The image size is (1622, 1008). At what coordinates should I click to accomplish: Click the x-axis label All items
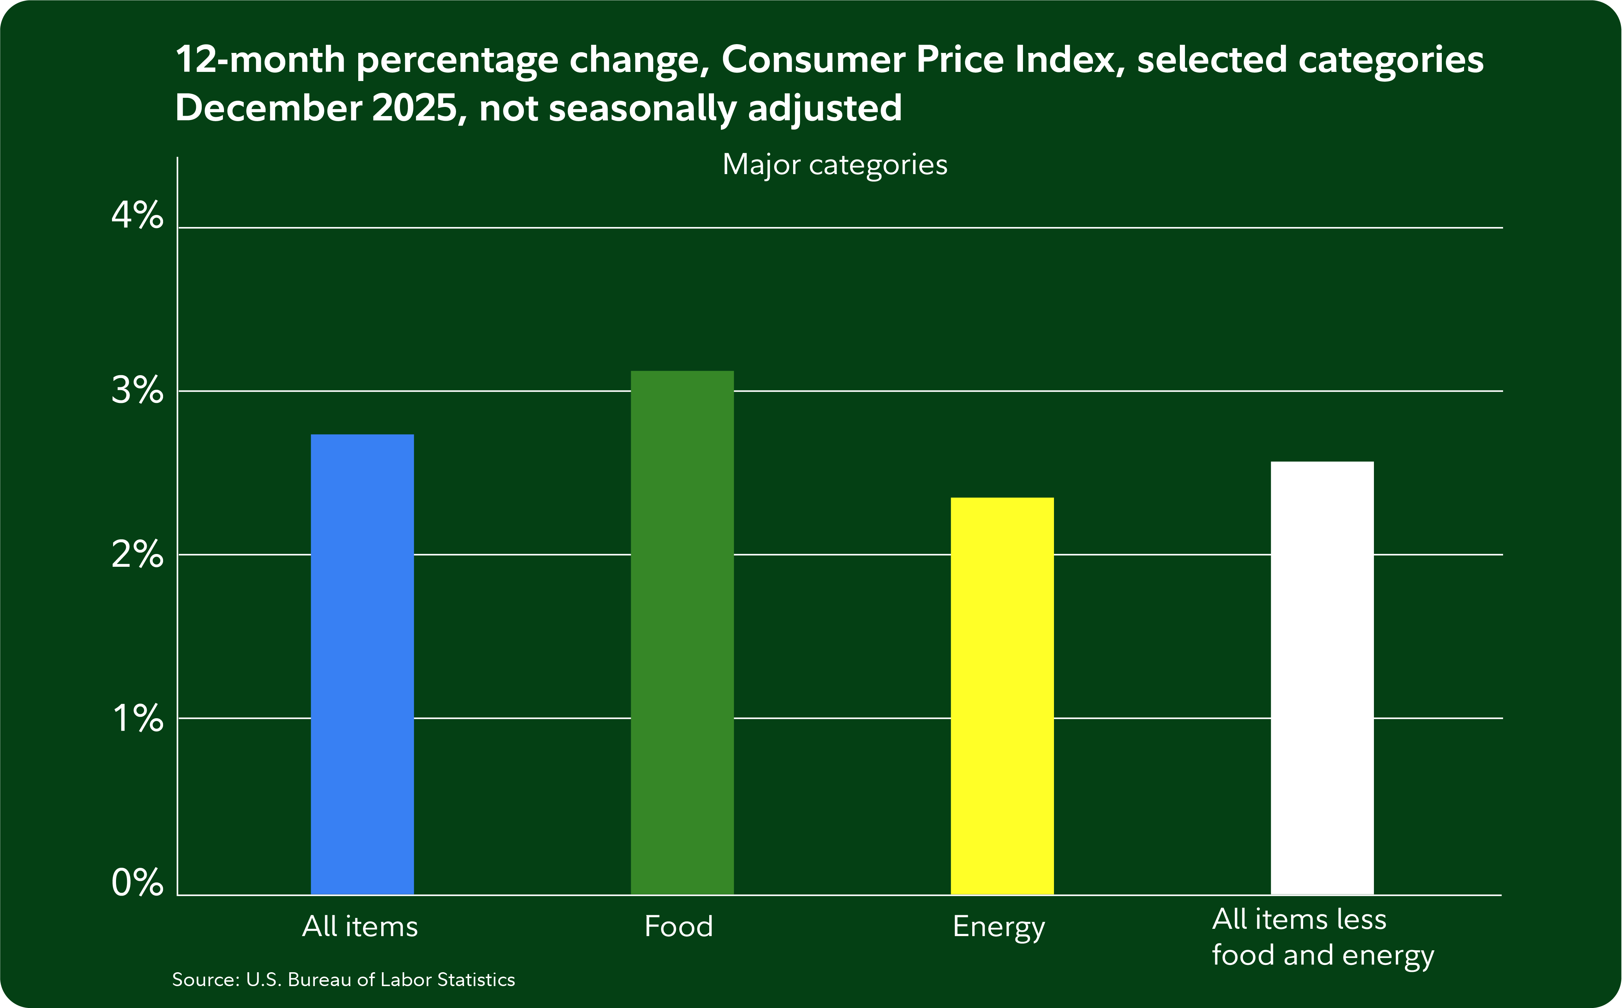coord(360,927)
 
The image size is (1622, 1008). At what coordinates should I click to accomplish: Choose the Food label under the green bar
coord(679,927)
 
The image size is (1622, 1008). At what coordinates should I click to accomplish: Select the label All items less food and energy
coord(1322,937)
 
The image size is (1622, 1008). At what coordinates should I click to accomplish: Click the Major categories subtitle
coord(834,165)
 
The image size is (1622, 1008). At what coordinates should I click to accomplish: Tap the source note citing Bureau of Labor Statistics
coord(343,979)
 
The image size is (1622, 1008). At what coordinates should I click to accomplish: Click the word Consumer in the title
coord(813,59)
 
